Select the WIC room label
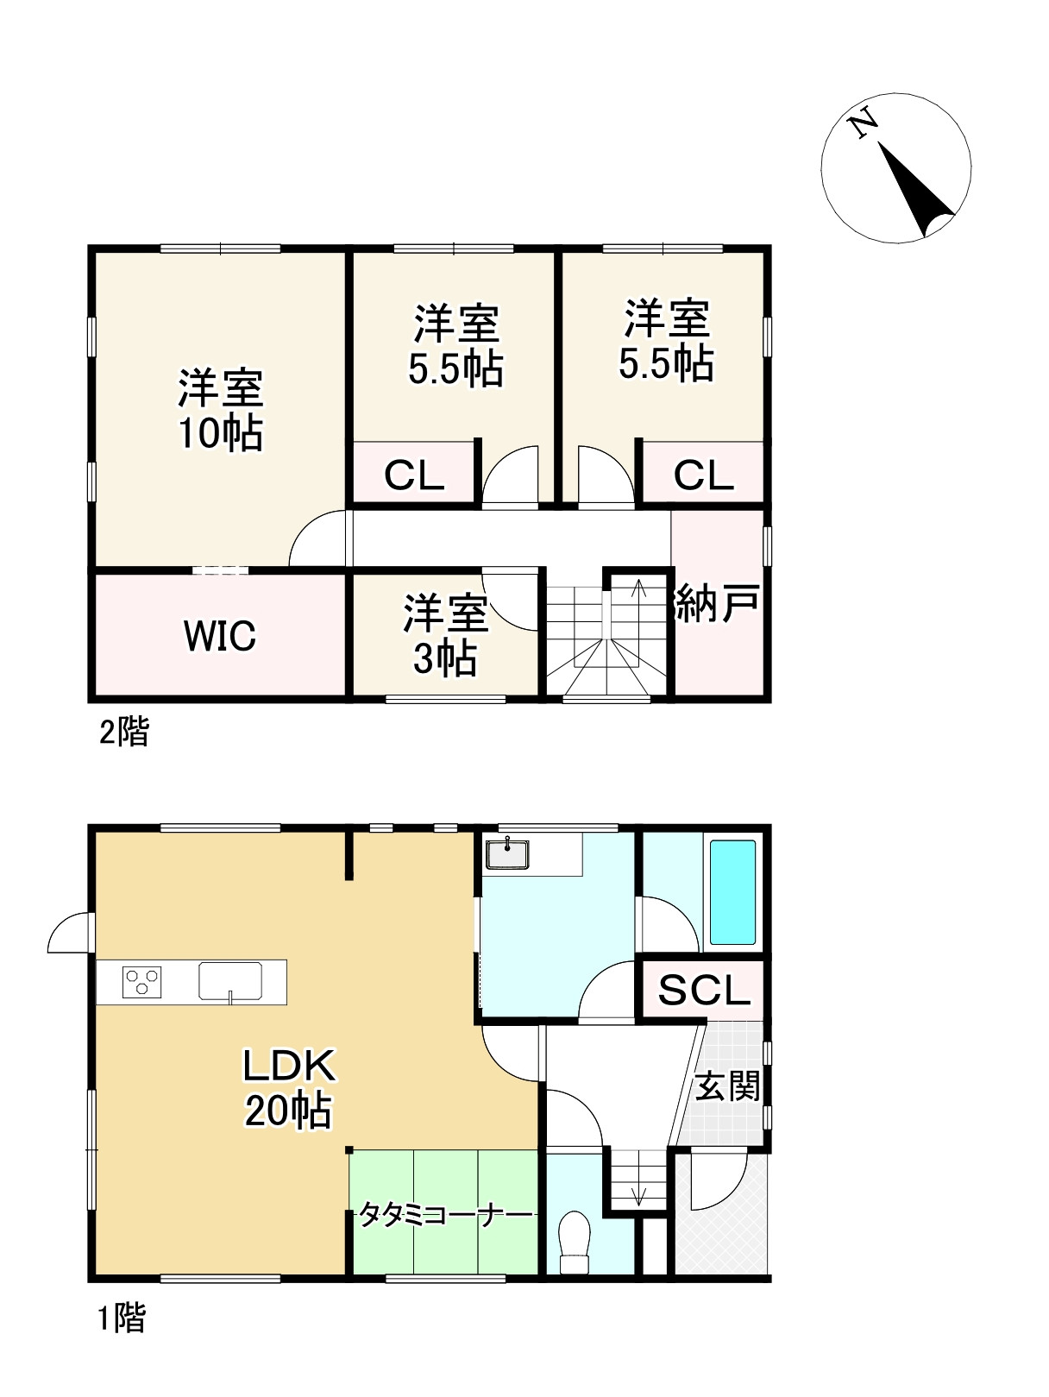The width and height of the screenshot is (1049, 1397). (x=219, y=634)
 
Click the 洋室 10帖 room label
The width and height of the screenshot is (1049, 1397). (x=220, y=410)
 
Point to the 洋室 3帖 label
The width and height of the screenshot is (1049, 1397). (x=445, y=634)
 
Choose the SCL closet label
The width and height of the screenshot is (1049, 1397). (x=704, y=990)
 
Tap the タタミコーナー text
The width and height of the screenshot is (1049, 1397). (x=445, y=1216)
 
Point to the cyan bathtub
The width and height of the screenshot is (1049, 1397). (x=733, y=891)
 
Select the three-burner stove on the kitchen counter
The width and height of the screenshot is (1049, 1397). (x=141, y=981)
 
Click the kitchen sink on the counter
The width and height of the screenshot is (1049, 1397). (x=230, y=981)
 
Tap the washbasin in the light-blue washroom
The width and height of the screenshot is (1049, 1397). (x=507, y=853)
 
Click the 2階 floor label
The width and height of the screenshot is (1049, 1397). (x=124, y=731)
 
